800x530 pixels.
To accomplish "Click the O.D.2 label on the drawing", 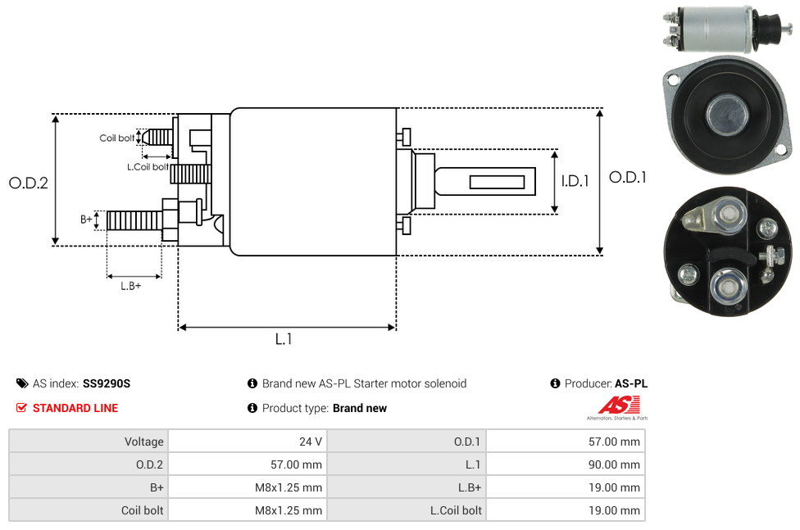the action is (29, 183).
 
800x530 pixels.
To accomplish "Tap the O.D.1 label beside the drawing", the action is (628, 178).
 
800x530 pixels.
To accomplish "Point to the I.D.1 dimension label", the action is (575, 181).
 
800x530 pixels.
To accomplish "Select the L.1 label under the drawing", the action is (283, 338).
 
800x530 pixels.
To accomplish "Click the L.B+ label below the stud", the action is (130, 286).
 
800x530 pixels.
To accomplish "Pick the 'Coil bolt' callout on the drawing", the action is (117, 138).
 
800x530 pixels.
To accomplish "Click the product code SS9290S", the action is (107, 383).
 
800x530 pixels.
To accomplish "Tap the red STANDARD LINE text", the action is (75, 408).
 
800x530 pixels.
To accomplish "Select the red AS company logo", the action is (619, 405).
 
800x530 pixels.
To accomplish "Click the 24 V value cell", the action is (311, 442).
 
